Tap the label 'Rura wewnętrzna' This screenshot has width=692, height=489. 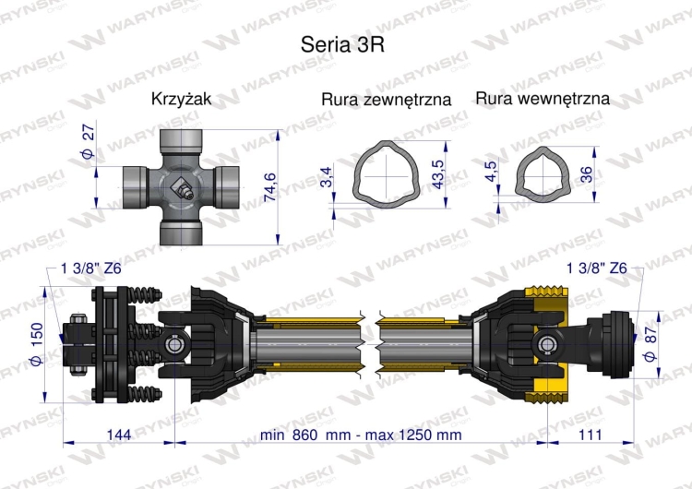543,98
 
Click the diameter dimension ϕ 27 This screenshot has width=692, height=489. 89,143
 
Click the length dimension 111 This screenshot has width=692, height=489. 590,434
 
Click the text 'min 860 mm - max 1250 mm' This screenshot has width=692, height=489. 360,434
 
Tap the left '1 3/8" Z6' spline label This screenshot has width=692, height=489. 89,268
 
